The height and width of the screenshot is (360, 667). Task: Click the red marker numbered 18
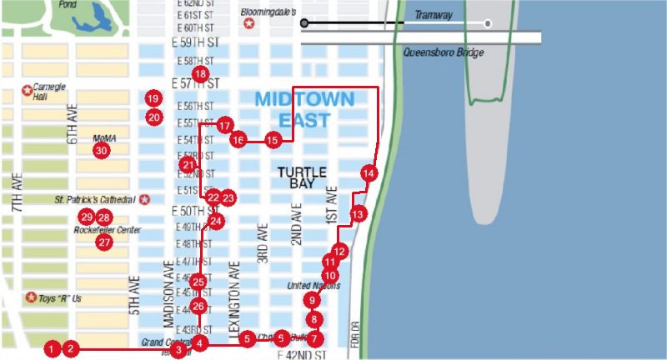[x=199, y=74]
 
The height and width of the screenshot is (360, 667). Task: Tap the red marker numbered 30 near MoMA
[x=101, y=151]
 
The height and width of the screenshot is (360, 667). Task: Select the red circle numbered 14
[x=369, y=172]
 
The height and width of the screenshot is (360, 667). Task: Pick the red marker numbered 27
[x=104, y=242]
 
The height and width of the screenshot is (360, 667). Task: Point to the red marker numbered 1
[x=53, y=349]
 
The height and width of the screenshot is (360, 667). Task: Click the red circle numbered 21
[x=187, y=166]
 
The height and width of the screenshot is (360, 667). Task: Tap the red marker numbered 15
[x=273, y=140]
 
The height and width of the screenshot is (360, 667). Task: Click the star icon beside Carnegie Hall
[x=28, y=90]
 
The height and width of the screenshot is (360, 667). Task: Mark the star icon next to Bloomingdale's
[x=249, y=24]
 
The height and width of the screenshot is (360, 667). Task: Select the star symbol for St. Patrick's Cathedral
[x=145, y=200]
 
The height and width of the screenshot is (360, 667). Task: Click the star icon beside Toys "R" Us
[x=31, y=297]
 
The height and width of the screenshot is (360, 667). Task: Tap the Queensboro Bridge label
[x=443, y=52]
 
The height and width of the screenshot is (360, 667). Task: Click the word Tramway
[x=434, y=15]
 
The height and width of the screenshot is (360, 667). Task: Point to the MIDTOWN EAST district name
[x=304, y=109]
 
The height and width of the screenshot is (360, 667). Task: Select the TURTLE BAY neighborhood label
[x=302, y=177]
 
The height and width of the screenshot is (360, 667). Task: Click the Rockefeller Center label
[x=107, y=230]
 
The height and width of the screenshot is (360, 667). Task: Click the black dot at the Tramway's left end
[x=305, y=22]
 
